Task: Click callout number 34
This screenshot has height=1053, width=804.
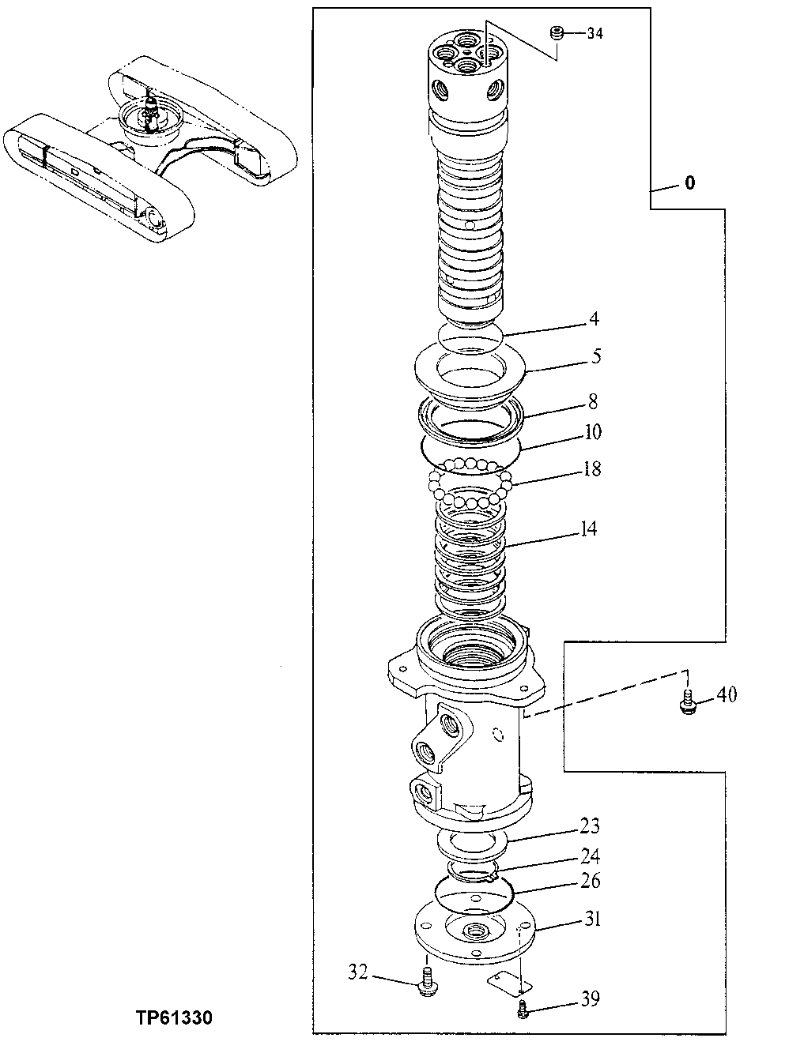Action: (595, 33)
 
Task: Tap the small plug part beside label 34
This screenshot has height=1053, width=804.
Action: (557, 33)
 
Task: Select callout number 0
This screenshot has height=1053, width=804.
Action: (690, 183)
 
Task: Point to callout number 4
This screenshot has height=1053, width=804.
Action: (593, 319)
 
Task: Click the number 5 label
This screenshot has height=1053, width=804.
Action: (596, 355)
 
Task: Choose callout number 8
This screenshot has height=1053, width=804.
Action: (593, 401)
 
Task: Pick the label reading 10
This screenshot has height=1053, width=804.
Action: (593, 431)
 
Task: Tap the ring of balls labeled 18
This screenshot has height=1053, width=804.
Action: (471, 483)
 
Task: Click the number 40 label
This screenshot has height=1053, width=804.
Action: (727, 694)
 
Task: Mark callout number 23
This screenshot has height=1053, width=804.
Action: (590, 826)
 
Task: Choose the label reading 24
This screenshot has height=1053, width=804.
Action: (590, 856)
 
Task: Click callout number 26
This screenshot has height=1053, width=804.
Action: (590, 880)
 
